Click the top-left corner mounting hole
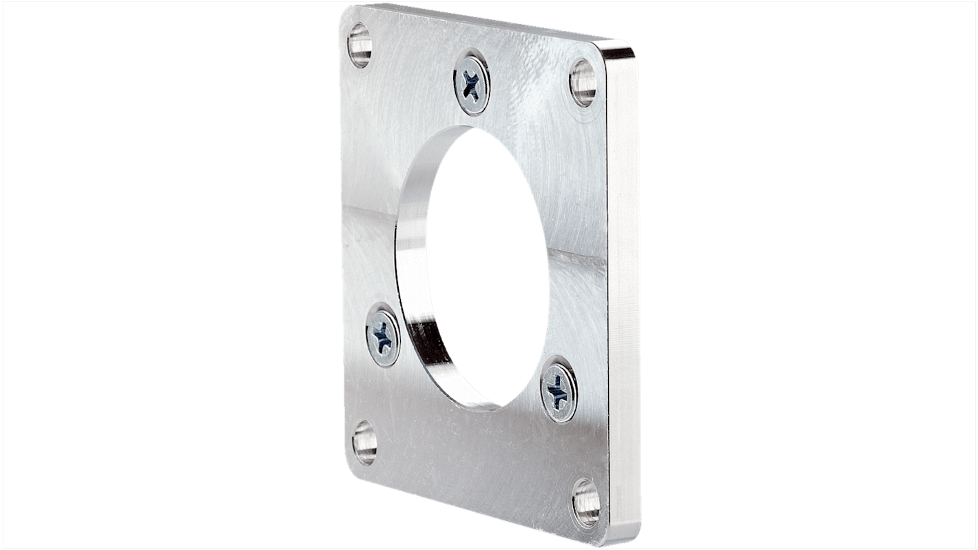click(360, 45)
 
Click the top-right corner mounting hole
click(583, 83)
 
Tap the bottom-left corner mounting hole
click(364, 442)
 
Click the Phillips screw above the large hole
click(472, 84)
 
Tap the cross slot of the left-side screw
click(382, 334)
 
